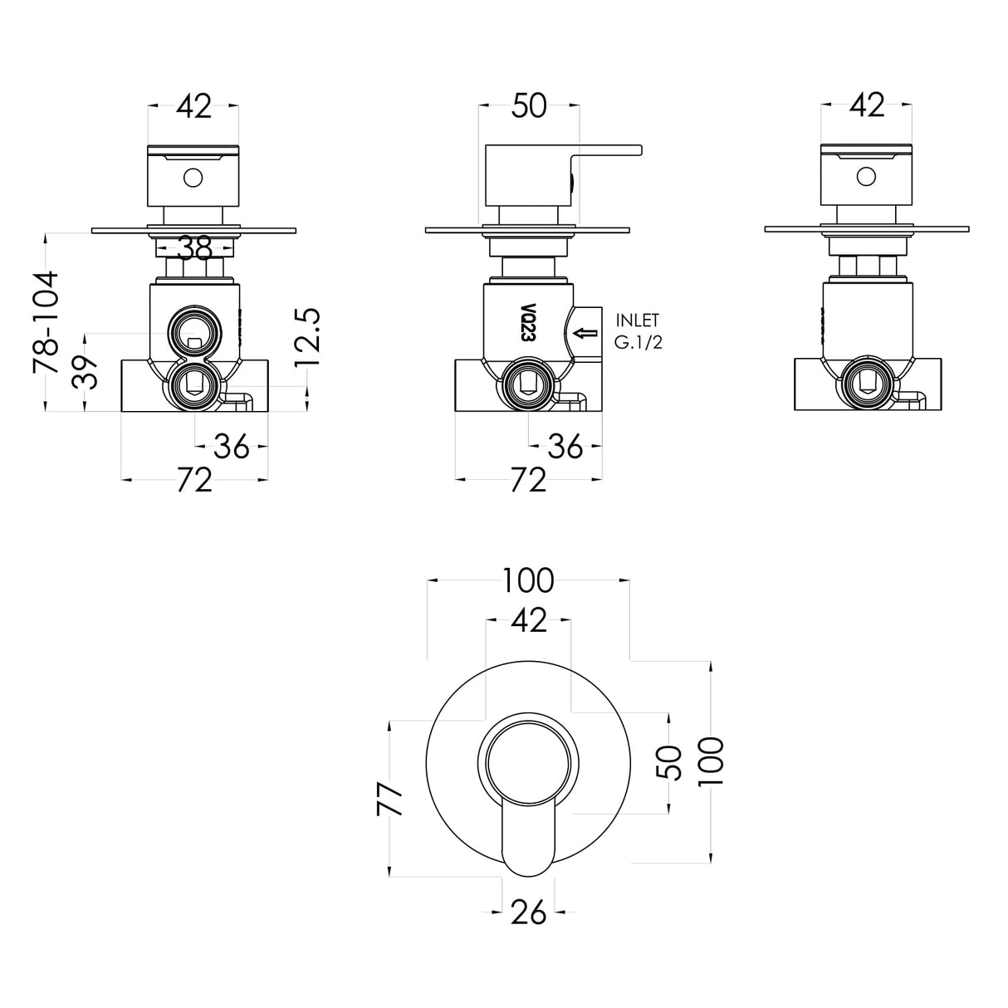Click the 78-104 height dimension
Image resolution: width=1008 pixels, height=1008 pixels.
pyautogui.click(x=46, y=321)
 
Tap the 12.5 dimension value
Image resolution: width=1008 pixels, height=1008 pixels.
pyautogui.click(x=306, y=338)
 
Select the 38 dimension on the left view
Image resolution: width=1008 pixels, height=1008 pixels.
pyautogui.click(x=194, y=248)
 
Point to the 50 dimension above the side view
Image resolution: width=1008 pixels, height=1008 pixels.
pyautogui.click(x=529, y=105)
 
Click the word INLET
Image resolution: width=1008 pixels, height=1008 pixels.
pyautogui.click(x=637, y=320)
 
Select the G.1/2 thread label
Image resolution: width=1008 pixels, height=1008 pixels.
pyautogui.click(x=639, y=342)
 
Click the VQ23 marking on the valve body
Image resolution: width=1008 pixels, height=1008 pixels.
pyautogui.click(x=527, y=322)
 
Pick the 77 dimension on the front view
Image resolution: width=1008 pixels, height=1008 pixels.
pyautogui.click(x=389, y=800)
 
